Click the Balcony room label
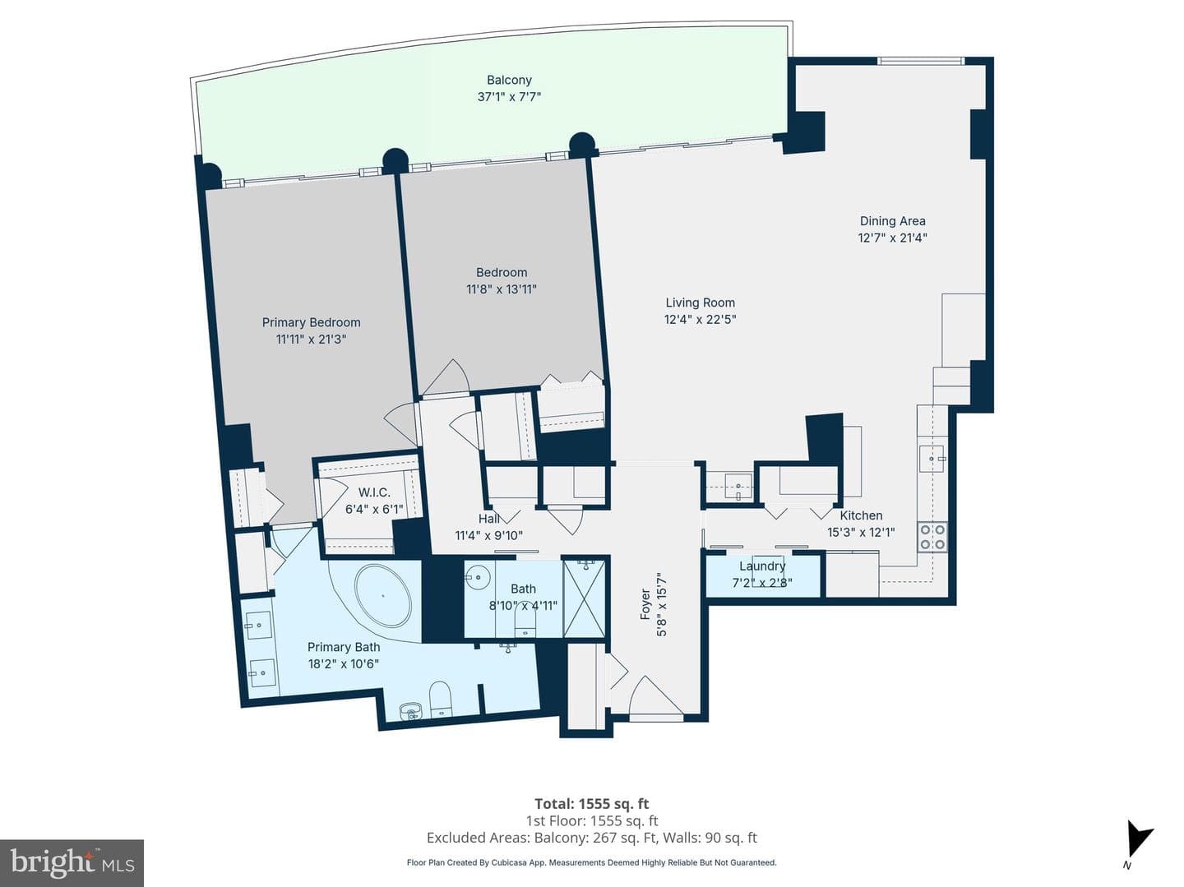[x=509, y=80]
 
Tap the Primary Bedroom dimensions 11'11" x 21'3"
[x=311, y=340]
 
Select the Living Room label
[x=701, y=303]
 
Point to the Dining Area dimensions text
[x=893, y=238]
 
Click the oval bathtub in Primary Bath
[x=383, y=596]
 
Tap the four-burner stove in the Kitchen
[x=932, y=537]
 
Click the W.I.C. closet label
[x=374, y=492]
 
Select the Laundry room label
[x=762, y=566]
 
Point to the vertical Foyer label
[x=645, y=604]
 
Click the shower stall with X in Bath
[x=584, y=598]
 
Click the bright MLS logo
[x=72, y=862]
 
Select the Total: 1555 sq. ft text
[x=592, y=803]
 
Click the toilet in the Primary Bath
[x=440, y=700]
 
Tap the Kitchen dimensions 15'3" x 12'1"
[x=861, y=532]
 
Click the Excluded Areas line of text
[x=592, y=838]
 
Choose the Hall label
[x=488, y=518]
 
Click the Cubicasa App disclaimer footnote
[x=592, y=862]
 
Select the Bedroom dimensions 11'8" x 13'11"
[x=502, y=289]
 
